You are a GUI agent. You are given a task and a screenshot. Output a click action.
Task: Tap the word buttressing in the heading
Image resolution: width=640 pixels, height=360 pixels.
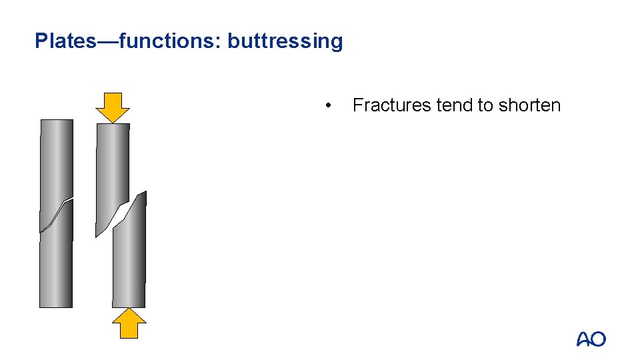(x=285, y=41)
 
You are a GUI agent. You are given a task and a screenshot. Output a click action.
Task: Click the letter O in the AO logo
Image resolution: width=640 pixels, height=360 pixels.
(x=598, y=339)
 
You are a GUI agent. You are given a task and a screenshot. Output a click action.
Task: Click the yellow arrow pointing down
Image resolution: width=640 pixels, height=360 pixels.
(x=113, y=107)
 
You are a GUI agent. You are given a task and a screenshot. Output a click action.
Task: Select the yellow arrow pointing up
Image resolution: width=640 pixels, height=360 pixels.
(x=129, y=323)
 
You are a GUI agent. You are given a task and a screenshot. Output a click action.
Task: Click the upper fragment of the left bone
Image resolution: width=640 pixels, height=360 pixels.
(x=56, y=160)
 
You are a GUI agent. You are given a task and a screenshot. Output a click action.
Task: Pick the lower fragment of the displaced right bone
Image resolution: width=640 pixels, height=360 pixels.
(x=129, y=260)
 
